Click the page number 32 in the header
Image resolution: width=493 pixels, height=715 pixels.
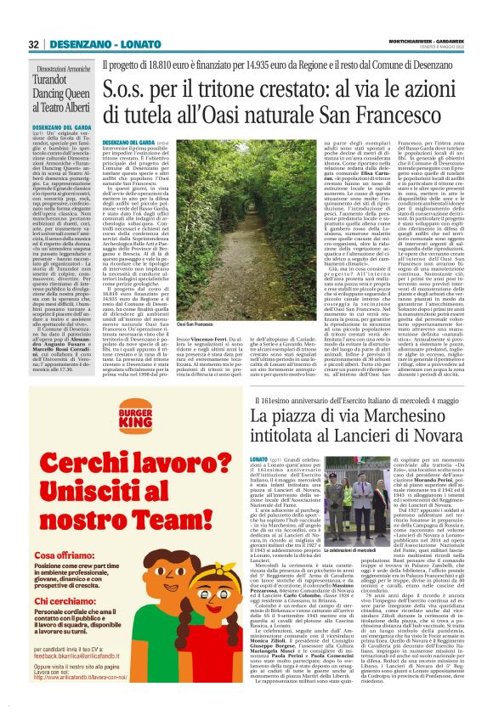(x=34, y=44)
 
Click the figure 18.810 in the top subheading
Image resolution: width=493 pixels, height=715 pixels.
(x=178, y=64)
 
